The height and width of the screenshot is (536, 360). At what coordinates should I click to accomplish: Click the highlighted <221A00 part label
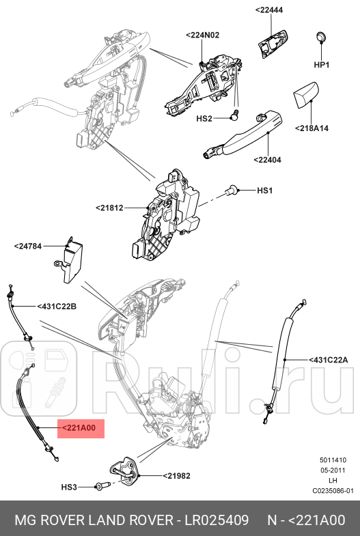[x=81, y=428]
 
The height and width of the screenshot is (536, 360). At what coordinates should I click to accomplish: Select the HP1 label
[x=321, y=65]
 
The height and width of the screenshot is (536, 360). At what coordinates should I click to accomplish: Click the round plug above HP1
[x=321, y=37]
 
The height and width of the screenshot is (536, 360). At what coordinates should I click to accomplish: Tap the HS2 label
[x=205, y=118]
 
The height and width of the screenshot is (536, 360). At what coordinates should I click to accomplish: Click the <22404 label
[x=266, y=160]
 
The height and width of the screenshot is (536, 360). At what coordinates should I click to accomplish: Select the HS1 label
[x=264, y=191]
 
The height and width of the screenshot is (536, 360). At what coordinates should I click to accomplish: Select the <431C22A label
[x=329, y=359]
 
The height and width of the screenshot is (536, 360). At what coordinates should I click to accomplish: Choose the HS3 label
[x=70, y=487]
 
